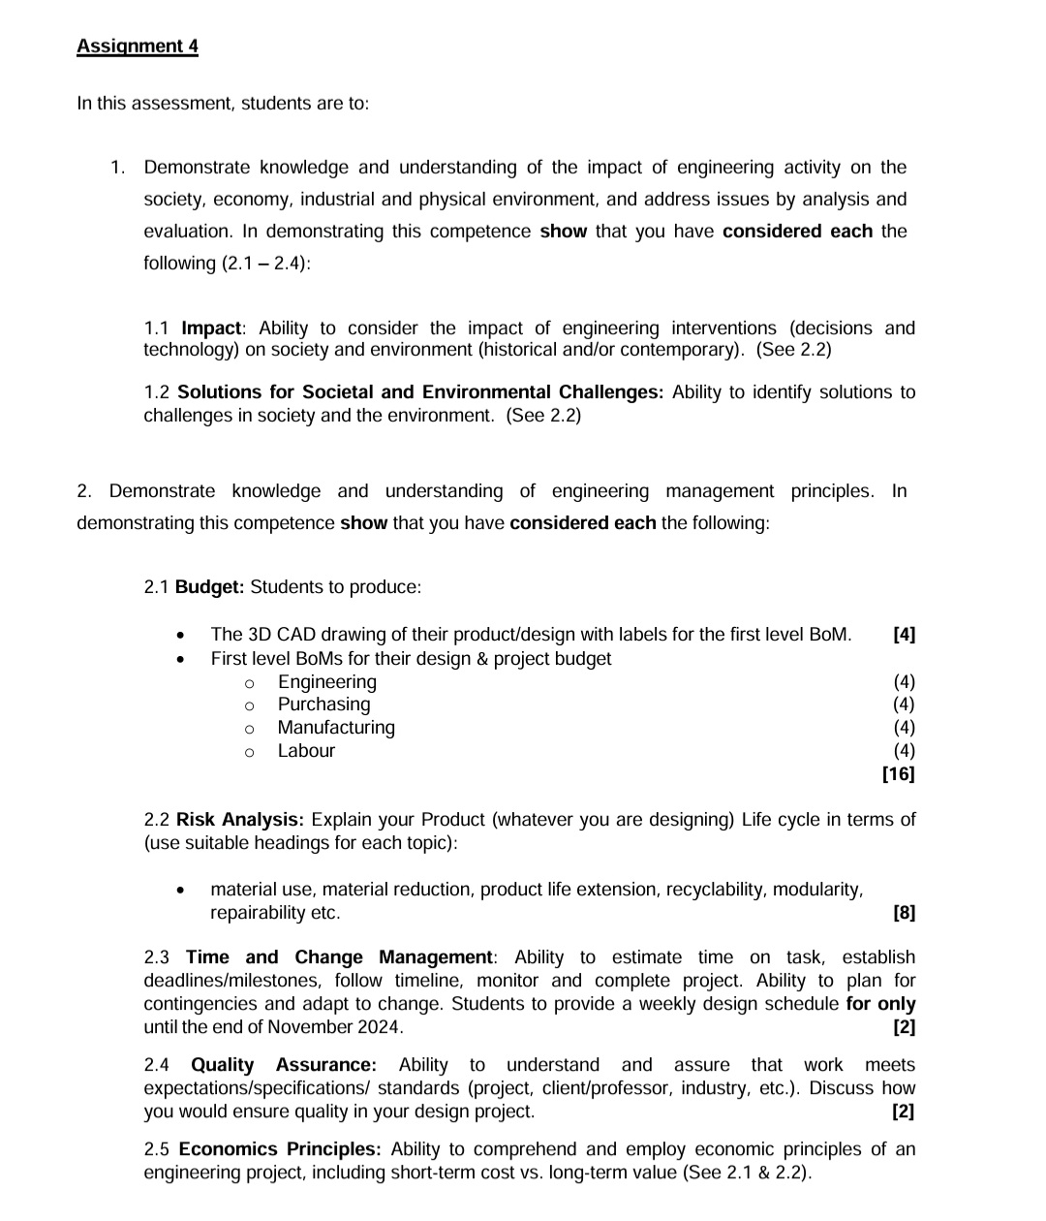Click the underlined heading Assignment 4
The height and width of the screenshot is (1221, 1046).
point(138,47)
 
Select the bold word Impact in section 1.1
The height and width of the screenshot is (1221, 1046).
point(210,329)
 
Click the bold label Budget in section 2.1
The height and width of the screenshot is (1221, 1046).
point(209,587)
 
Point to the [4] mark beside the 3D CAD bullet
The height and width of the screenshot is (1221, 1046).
point(903,635)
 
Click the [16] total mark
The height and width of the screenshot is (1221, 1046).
point(898,774)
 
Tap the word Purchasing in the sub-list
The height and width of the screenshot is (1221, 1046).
point(323,704)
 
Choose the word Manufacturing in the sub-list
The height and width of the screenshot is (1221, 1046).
point(336,728)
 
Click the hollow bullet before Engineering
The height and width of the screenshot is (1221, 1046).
point(249,683)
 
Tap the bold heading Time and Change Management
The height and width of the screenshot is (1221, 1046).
point(340,957)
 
